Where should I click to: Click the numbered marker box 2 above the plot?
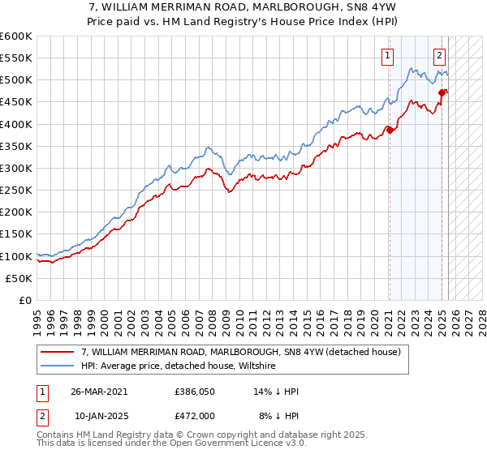click(439, 56)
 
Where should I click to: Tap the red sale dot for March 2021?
click(390, 130)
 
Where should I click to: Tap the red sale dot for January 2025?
click(442, 92)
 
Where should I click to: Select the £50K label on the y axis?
click(19, 278)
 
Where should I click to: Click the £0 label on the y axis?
click(26, 300)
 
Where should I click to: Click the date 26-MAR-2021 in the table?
click(100, 392)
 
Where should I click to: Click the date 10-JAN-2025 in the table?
click(100, 416)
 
